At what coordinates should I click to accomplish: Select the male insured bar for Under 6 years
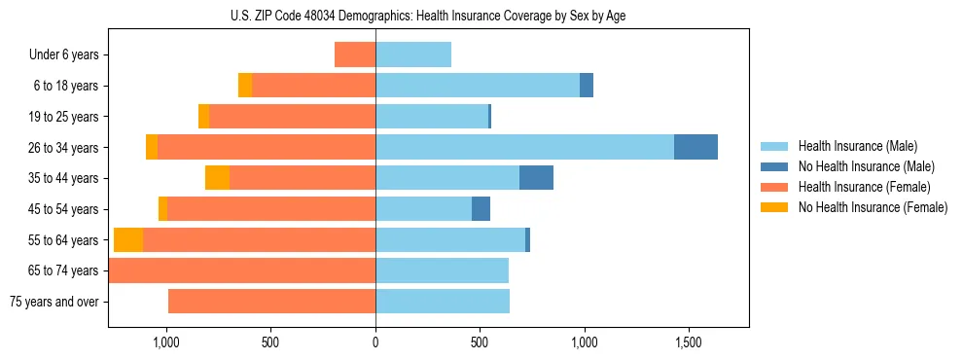(413, 54)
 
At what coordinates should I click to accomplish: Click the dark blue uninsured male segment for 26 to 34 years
(695, 147)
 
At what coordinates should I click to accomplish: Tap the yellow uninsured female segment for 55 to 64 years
(128, 240)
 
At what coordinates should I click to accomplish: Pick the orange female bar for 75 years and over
(271, 302)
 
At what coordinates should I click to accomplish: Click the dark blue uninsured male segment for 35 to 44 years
(536, 178)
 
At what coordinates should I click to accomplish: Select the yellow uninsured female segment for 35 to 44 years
(217, 178)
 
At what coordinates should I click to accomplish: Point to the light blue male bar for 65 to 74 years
(442, 270)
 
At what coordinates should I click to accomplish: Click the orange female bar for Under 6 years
(355, 54)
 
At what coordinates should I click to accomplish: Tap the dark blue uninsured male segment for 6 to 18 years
(587, 86)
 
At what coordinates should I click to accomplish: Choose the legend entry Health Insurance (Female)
(864, 187)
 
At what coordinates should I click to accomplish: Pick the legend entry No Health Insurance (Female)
(873, 207)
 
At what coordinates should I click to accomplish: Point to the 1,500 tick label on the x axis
(688, 343)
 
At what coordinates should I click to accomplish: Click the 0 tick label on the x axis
(375, 343)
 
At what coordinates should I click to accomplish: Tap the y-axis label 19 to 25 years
(63, 117)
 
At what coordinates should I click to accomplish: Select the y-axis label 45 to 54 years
(63, 209)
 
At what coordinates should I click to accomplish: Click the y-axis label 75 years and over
(53, 302)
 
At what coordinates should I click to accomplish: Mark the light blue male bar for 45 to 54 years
(423, 209)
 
